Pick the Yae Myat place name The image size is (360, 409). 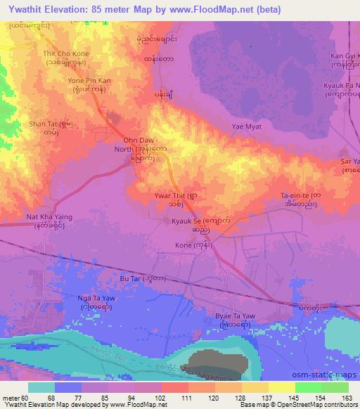pyautogui.click(x=247, y=126)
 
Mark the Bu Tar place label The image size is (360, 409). pyautogui.click(x=136, y=279)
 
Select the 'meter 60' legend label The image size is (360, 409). pyautogui.click(x=14, y=398)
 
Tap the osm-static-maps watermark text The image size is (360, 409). pyautogui.click(x=323, y=375)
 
